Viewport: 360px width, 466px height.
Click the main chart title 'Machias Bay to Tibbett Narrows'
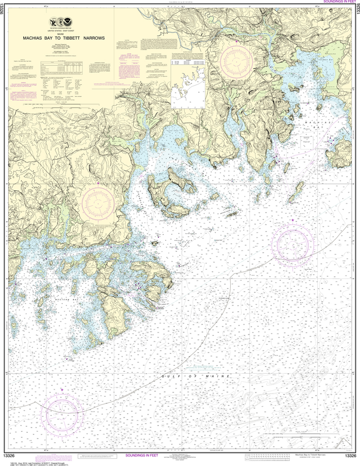click(x=64, y=38)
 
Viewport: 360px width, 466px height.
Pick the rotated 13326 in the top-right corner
click(x=357, y=14)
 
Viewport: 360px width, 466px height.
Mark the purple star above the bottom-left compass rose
click(x=62, y=390)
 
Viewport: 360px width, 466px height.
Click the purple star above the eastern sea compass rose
click(x=292, y=220)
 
